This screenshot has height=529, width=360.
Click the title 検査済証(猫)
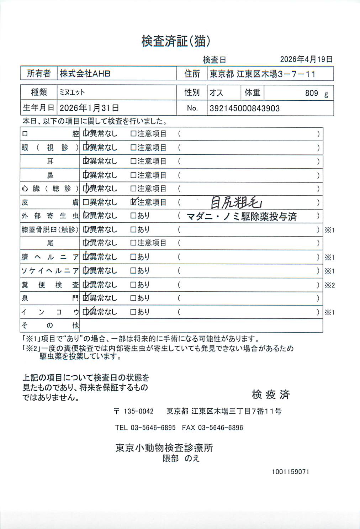coord(176,41)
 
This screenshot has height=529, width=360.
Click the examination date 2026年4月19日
coord(306,59)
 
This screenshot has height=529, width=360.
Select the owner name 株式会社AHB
coord(85,74)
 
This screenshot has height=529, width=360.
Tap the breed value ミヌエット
coord(72,92)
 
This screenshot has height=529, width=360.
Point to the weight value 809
coord(311,93)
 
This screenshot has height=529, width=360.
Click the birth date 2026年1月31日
coord(89,108)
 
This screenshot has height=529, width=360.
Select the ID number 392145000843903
coord(244,108)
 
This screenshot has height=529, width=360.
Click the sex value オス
coord(216,93)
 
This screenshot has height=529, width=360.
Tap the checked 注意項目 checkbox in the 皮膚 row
coord(133,202)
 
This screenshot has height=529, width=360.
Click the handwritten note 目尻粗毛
coord(236,202)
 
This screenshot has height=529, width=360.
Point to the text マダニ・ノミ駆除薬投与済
coord(242,216)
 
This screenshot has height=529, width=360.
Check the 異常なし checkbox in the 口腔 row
coord(86,134)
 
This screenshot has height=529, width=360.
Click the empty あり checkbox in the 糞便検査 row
coord(133,285)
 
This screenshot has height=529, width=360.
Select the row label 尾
coord(50,243)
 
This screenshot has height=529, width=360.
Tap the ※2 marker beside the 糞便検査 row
coord(330,285)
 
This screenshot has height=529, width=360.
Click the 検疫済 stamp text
coord(271,394)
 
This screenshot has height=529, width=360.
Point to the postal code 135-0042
coord(138,411)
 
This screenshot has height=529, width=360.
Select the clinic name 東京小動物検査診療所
coord(164,448)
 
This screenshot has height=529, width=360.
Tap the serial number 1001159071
coord(290,472)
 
